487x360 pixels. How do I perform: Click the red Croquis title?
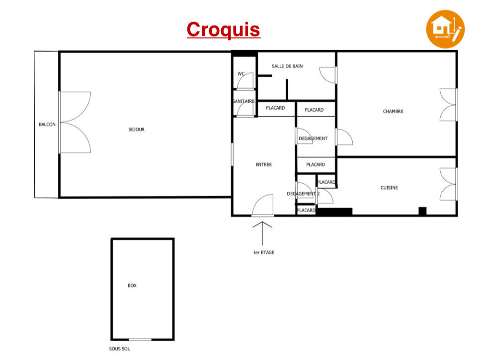pyautogui.click(x=223, y=30)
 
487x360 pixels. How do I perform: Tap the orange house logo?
pyautogui.click(x=445, y=29)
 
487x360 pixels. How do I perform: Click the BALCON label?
pyautogui.click(x=47, y=125)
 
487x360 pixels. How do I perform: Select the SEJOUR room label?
pyautogui.click(x=136, y=130)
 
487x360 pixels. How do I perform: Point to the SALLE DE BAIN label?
pyautogui.click(x=287, y=66)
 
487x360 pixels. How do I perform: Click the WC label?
pyautogui.click(x=241, y=73)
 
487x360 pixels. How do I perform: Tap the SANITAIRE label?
pyautogui.click(x=243, y=101)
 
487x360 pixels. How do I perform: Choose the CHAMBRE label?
pyautogui.click(x=393, y=111)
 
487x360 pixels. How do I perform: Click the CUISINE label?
pyautogui.click(x=389, y=188)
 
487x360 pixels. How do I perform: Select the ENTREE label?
pyautogui.click(x=264, y=164)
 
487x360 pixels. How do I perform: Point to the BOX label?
pyautogui.click(x=132, y=285)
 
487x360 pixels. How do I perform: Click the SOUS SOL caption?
pyautogui.click(x=120, y=349)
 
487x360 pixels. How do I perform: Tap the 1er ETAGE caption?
pyautogui.click(x=264, y=252)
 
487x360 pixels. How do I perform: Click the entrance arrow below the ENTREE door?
pyautogui.click(x=262, y=233)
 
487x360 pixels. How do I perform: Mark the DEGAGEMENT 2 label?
pyautogui.click(x=303, y=194)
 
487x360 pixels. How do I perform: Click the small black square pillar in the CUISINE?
pyautogui.click(x=422, y=211)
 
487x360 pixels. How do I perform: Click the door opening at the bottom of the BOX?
pyautogui.click(x=140, y=340)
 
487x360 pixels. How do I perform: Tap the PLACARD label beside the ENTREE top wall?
pyautogui.click(x=275, y=108)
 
